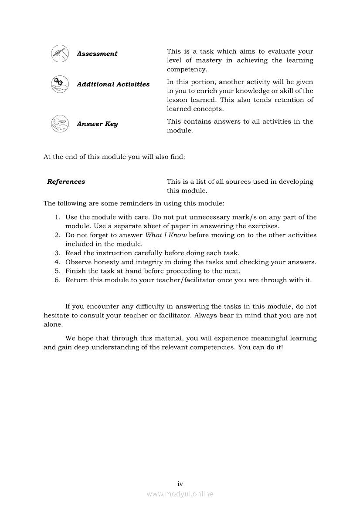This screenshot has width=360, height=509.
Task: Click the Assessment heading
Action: [x=97, y=54]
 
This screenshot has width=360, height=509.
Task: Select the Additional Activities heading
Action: [x=113, y=84]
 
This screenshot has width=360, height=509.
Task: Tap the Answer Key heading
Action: [x=97, y=124]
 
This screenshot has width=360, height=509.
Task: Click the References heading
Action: [x=66, y=182]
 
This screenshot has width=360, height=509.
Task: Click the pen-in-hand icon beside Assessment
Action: [x=60, y=54]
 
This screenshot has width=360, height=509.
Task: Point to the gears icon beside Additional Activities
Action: [x=60, y=84]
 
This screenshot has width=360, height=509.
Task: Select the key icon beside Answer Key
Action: [x=60, y=124]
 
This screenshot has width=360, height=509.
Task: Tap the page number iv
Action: [x=180, y=484]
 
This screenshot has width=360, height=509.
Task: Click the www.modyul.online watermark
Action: [x=180, y=494]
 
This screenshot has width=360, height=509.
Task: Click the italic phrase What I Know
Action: [x=166, y=235]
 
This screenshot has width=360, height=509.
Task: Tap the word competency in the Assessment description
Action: [x=187, y=70]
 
